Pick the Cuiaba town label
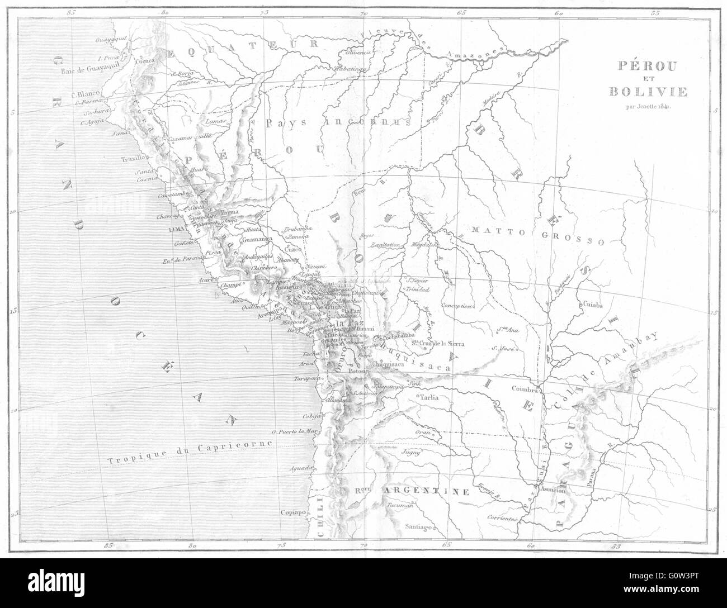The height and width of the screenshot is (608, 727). (593, 305)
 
